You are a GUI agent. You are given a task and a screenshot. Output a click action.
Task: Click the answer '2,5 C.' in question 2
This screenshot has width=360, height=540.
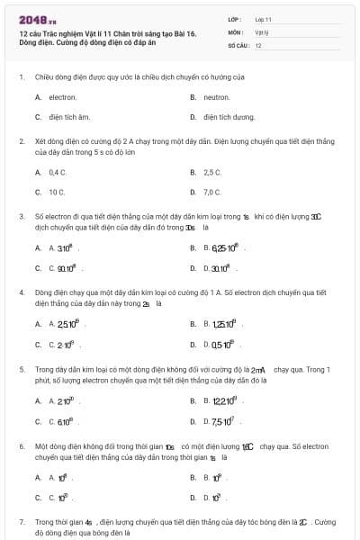coord(212,172)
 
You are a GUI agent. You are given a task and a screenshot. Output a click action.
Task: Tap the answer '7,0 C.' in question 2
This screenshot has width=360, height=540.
coord(212,192)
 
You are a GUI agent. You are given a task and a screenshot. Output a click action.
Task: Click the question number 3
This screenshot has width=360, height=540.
coord(22,217)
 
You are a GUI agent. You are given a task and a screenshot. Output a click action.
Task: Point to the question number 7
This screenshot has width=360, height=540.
coord(22,522)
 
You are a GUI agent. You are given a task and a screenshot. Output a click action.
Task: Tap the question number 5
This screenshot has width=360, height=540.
coord(22,369)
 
